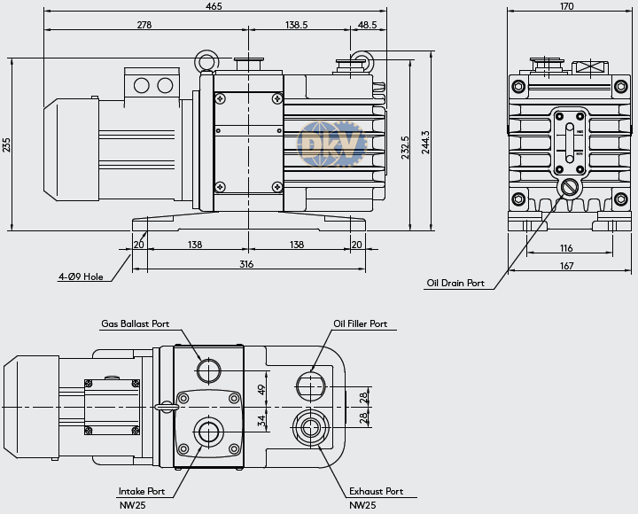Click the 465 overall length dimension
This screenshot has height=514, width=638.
pos(214,6)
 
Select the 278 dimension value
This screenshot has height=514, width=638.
pos(144,25)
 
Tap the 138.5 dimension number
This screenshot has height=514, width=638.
pos(296,25)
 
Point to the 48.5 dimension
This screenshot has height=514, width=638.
pos(367,25)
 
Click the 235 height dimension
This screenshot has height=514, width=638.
pos(6,144)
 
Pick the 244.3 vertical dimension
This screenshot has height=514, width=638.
pos(425,142)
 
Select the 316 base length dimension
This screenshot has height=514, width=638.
pos(246,264)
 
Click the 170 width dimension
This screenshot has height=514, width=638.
pos(566,6)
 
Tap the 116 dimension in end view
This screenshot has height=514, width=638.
pos(566,248)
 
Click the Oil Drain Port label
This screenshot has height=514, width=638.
pos(455,283)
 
